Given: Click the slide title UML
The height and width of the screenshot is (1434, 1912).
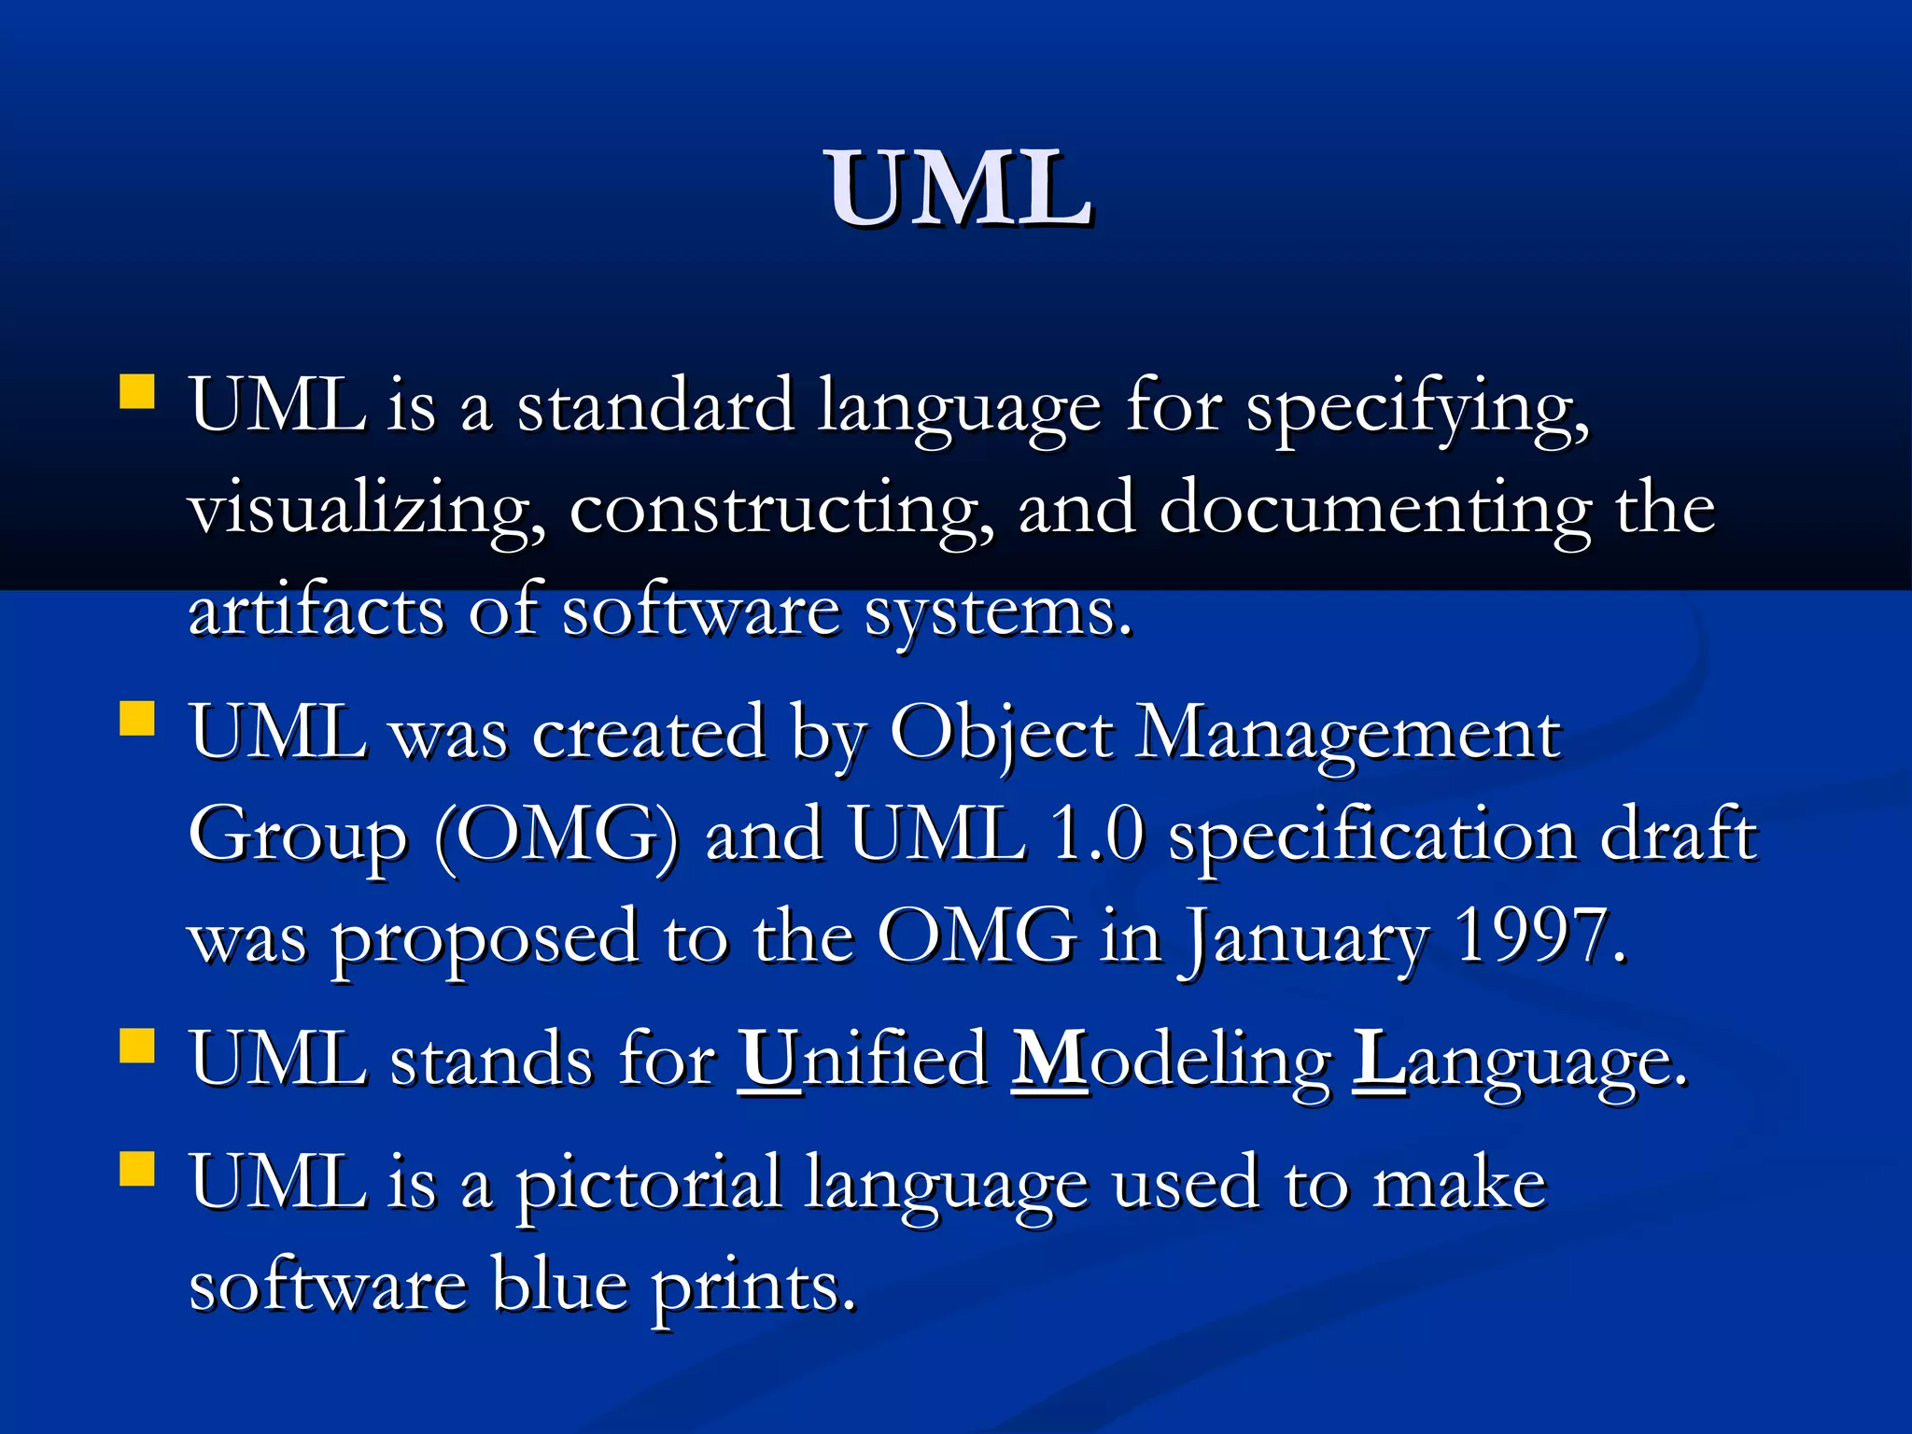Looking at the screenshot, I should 958,190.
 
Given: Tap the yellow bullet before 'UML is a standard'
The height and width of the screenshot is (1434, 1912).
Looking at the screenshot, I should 137,392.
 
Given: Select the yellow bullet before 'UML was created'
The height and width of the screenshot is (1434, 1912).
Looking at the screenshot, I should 137,720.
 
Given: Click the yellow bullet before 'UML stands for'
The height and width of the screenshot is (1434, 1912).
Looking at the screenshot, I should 137,1047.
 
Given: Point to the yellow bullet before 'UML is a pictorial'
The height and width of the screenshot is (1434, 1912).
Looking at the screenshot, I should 137,1168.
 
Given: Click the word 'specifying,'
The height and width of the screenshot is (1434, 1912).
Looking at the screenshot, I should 1417,411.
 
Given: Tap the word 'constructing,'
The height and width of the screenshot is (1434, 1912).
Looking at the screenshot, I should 781,513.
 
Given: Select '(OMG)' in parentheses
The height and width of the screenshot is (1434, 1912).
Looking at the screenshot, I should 557,836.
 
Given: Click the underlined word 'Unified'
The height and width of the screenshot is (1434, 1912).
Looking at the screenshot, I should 863,1061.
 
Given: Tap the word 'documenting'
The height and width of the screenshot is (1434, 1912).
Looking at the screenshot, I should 1374,513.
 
